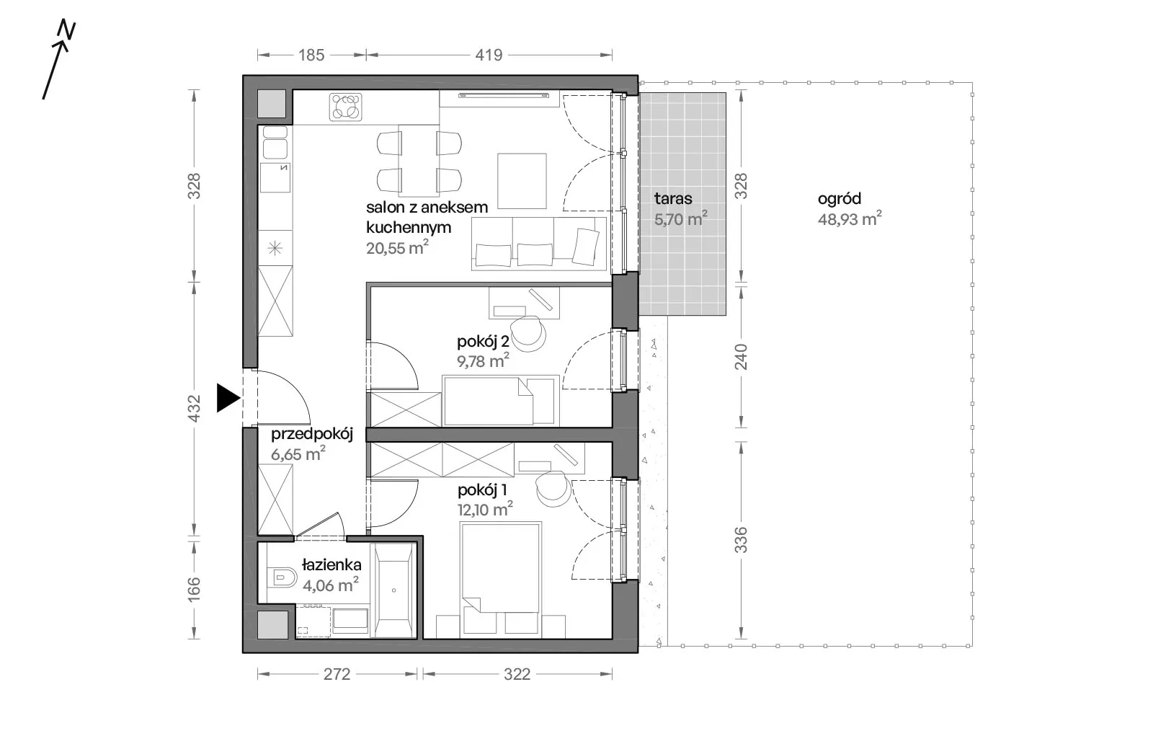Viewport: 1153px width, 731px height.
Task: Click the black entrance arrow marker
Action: (228, 398)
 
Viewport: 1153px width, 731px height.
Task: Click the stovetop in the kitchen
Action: (345, 107)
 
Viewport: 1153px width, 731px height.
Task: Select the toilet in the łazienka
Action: (282, 577)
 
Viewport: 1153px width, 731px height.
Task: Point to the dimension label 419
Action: (489, 55)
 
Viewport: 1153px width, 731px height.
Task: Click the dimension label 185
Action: (311, 55)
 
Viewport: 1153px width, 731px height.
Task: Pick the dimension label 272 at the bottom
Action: (337, 674)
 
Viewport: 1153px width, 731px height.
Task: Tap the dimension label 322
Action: (517, 674)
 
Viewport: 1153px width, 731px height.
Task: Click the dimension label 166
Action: (194, 590)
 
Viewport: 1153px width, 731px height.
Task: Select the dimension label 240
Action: (740, 357)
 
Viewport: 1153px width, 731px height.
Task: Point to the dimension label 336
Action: (740, 539)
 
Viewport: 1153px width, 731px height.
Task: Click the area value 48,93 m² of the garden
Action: (850, 218)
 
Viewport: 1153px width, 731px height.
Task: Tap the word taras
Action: (673, 198)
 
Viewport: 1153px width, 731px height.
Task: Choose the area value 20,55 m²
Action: (397, 247)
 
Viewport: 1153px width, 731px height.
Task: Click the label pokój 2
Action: (483, 341)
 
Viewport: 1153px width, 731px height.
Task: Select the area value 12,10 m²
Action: (485, 509)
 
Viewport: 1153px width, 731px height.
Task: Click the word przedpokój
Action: (312, 434)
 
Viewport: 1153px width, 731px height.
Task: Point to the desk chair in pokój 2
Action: (528, 334)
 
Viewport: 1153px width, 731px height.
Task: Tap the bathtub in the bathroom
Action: (393, 590)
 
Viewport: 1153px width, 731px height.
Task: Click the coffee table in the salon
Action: (522, 181)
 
